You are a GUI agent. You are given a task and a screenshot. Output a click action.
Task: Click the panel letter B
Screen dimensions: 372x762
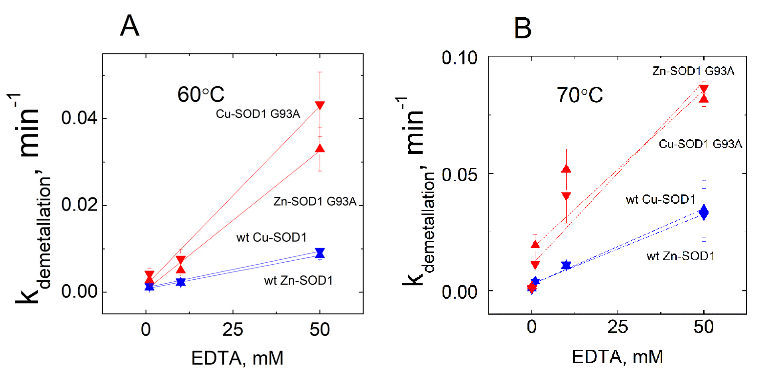coord(523,28)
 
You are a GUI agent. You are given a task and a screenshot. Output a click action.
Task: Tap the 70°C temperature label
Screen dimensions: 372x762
coord(580,95)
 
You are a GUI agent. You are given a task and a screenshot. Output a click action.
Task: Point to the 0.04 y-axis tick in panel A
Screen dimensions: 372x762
coord(79,118)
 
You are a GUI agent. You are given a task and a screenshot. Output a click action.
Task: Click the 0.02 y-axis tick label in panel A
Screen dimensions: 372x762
coord(79,205)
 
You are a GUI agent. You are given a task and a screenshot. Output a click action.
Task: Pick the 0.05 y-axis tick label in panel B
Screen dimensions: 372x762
coord(459,175)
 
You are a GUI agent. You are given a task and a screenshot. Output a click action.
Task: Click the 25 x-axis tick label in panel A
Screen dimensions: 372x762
coord(233,330)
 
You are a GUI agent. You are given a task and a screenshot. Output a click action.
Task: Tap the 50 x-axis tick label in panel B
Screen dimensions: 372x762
coord(703,327)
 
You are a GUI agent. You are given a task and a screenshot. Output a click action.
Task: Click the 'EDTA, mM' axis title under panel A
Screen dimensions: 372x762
coord(237,358)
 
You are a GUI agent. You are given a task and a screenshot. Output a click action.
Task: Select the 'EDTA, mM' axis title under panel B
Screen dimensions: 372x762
coord(617,357)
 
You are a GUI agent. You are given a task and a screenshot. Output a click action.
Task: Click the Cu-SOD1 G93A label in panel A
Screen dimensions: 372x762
coord(258,114)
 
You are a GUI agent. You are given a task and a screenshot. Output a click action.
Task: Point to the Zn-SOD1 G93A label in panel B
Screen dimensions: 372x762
coord(693,71)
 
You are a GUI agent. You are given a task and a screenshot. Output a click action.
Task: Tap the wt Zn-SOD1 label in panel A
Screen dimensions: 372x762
coord(298,280)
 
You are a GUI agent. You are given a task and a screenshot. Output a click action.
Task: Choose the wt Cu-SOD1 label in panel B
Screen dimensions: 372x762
coord(660,200)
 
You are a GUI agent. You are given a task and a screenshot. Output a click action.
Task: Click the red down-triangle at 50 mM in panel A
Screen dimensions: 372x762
coord(320,105)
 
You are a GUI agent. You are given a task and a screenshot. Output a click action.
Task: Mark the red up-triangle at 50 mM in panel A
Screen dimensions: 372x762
coord(320,148)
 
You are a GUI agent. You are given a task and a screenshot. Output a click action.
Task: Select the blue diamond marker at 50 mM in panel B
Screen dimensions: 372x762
coord(704,212)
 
